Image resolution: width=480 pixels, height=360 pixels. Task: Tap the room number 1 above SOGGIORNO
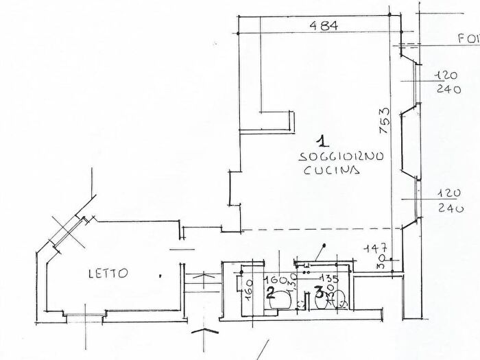pos(324,143)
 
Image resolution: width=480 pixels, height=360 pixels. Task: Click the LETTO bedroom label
pos(107,273)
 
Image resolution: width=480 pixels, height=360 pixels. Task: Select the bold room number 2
pos(270,293)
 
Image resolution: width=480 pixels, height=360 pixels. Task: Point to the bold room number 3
pos(319,293)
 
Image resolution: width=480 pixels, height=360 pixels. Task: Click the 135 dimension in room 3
pos(330,279)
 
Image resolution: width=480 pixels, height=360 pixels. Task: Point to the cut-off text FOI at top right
pos(468,40)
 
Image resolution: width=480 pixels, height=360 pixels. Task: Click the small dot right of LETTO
pos(160,275)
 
